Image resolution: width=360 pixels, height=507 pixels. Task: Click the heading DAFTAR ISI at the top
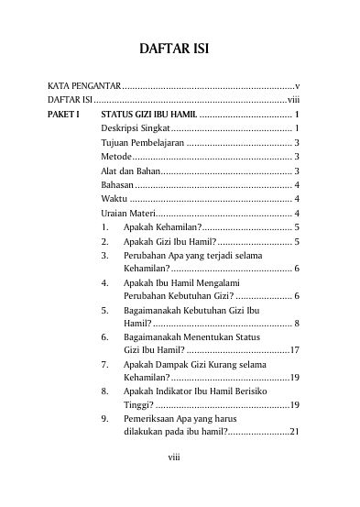180,48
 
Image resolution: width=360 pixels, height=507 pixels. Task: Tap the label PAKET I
64,114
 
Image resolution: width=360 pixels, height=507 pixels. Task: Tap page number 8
298,324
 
